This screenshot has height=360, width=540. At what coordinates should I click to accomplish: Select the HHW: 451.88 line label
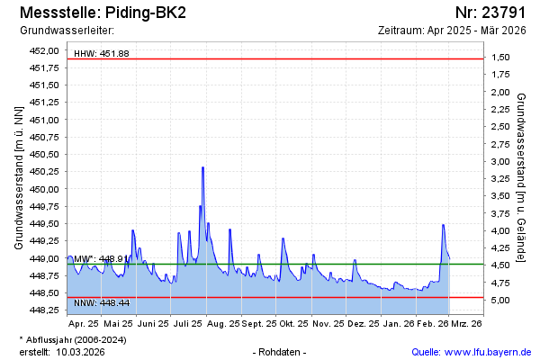tap(101, 54)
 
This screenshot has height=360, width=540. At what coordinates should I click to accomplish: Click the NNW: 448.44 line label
tap(101, 302)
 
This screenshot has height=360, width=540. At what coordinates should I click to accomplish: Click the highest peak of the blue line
tap(202, 167)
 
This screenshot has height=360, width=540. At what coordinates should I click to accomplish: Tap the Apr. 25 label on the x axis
tap(84, 322)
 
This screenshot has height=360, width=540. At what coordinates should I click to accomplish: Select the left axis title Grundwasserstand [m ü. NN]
tap(18, 176)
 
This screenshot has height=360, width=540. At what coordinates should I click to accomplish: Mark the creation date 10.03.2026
tap(80, 352)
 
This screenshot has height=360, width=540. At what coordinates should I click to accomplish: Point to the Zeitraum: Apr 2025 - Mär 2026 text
tap(452, 31)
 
